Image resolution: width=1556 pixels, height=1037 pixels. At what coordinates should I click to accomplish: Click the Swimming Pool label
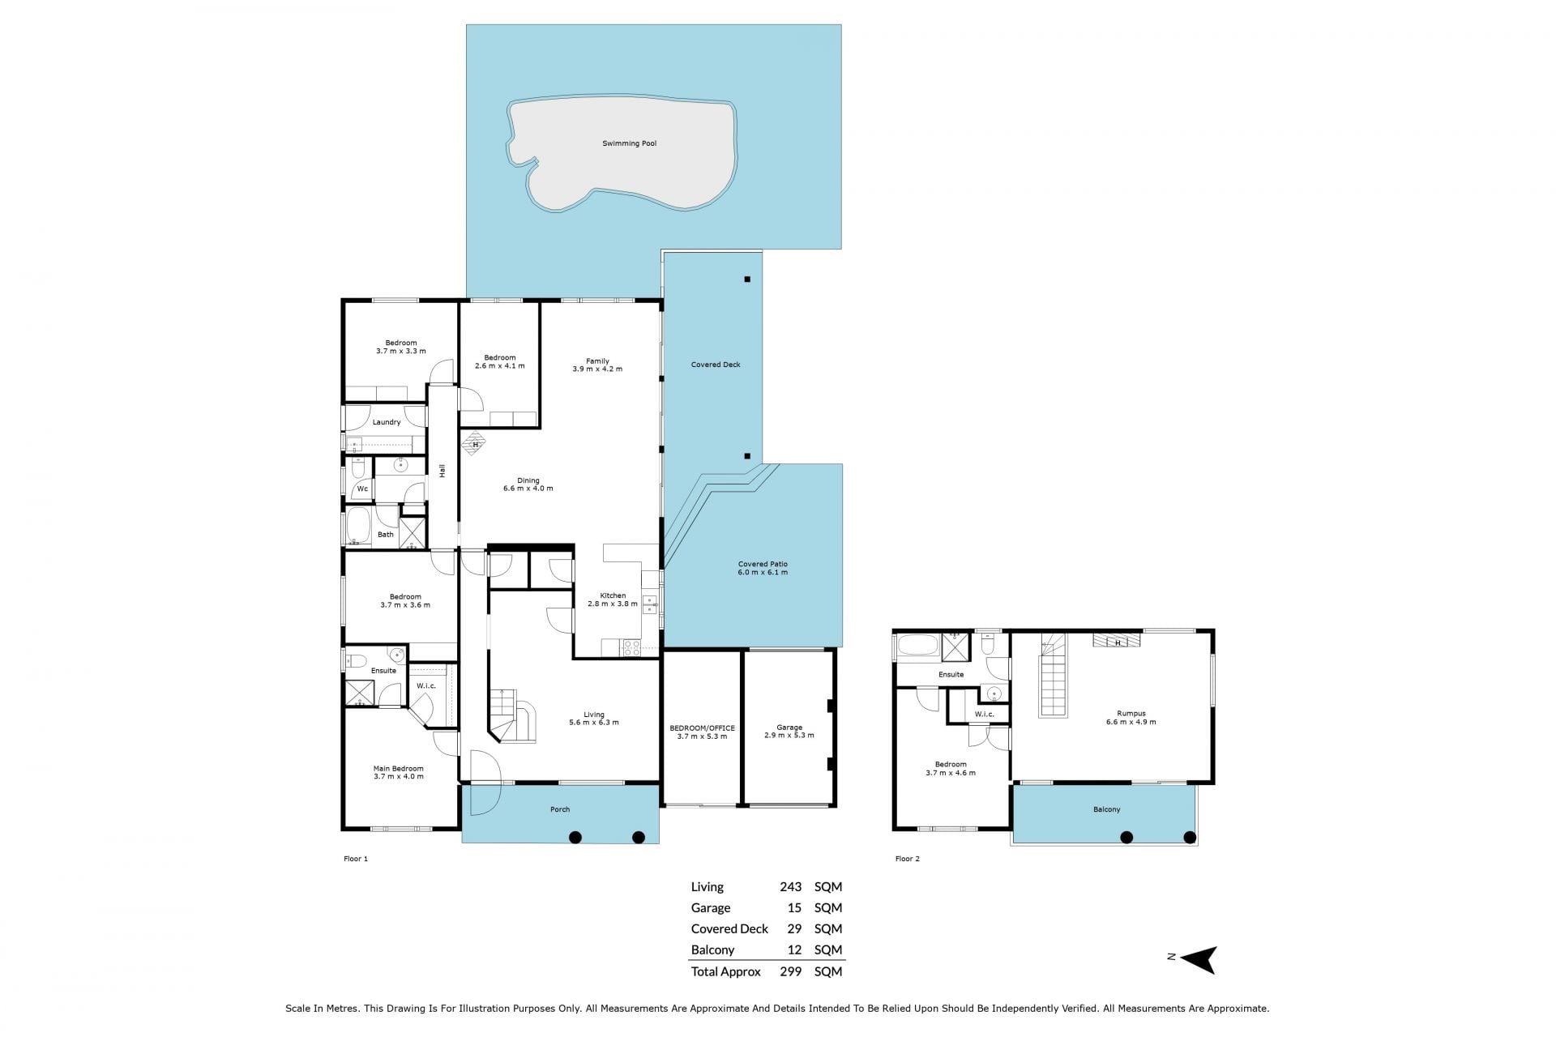629,143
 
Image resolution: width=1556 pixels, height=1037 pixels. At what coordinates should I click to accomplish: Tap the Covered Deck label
716,365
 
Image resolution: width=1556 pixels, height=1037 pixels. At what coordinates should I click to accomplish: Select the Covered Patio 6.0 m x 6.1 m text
763,568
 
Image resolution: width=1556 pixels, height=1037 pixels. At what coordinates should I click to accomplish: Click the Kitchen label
613,596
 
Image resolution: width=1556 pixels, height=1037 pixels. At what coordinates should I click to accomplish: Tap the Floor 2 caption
908,859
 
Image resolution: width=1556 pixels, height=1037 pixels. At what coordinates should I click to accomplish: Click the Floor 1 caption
356,859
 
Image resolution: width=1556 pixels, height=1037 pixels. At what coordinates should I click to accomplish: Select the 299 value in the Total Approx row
790,971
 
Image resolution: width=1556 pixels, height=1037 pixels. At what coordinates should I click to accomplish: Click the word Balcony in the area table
712,950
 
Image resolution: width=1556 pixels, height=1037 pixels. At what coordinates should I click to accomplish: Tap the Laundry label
387,422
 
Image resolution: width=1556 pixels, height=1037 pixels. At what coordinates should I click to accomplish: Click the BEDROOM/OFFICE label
702,728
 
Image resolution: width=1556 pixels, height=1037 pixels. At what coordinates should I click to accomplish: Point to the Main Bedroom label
398,769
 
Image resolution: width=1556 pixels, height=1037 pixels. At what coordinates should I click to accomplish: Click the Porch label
560,809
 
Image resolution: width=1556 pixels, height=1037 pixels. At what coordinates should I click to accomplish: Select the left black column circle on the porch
575,838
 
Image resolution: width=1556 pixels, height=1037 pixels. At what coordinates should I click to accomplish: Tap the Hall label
442,470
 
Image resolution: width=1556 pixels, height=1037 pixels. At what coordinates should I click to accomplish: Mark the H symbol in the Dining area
475,444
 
